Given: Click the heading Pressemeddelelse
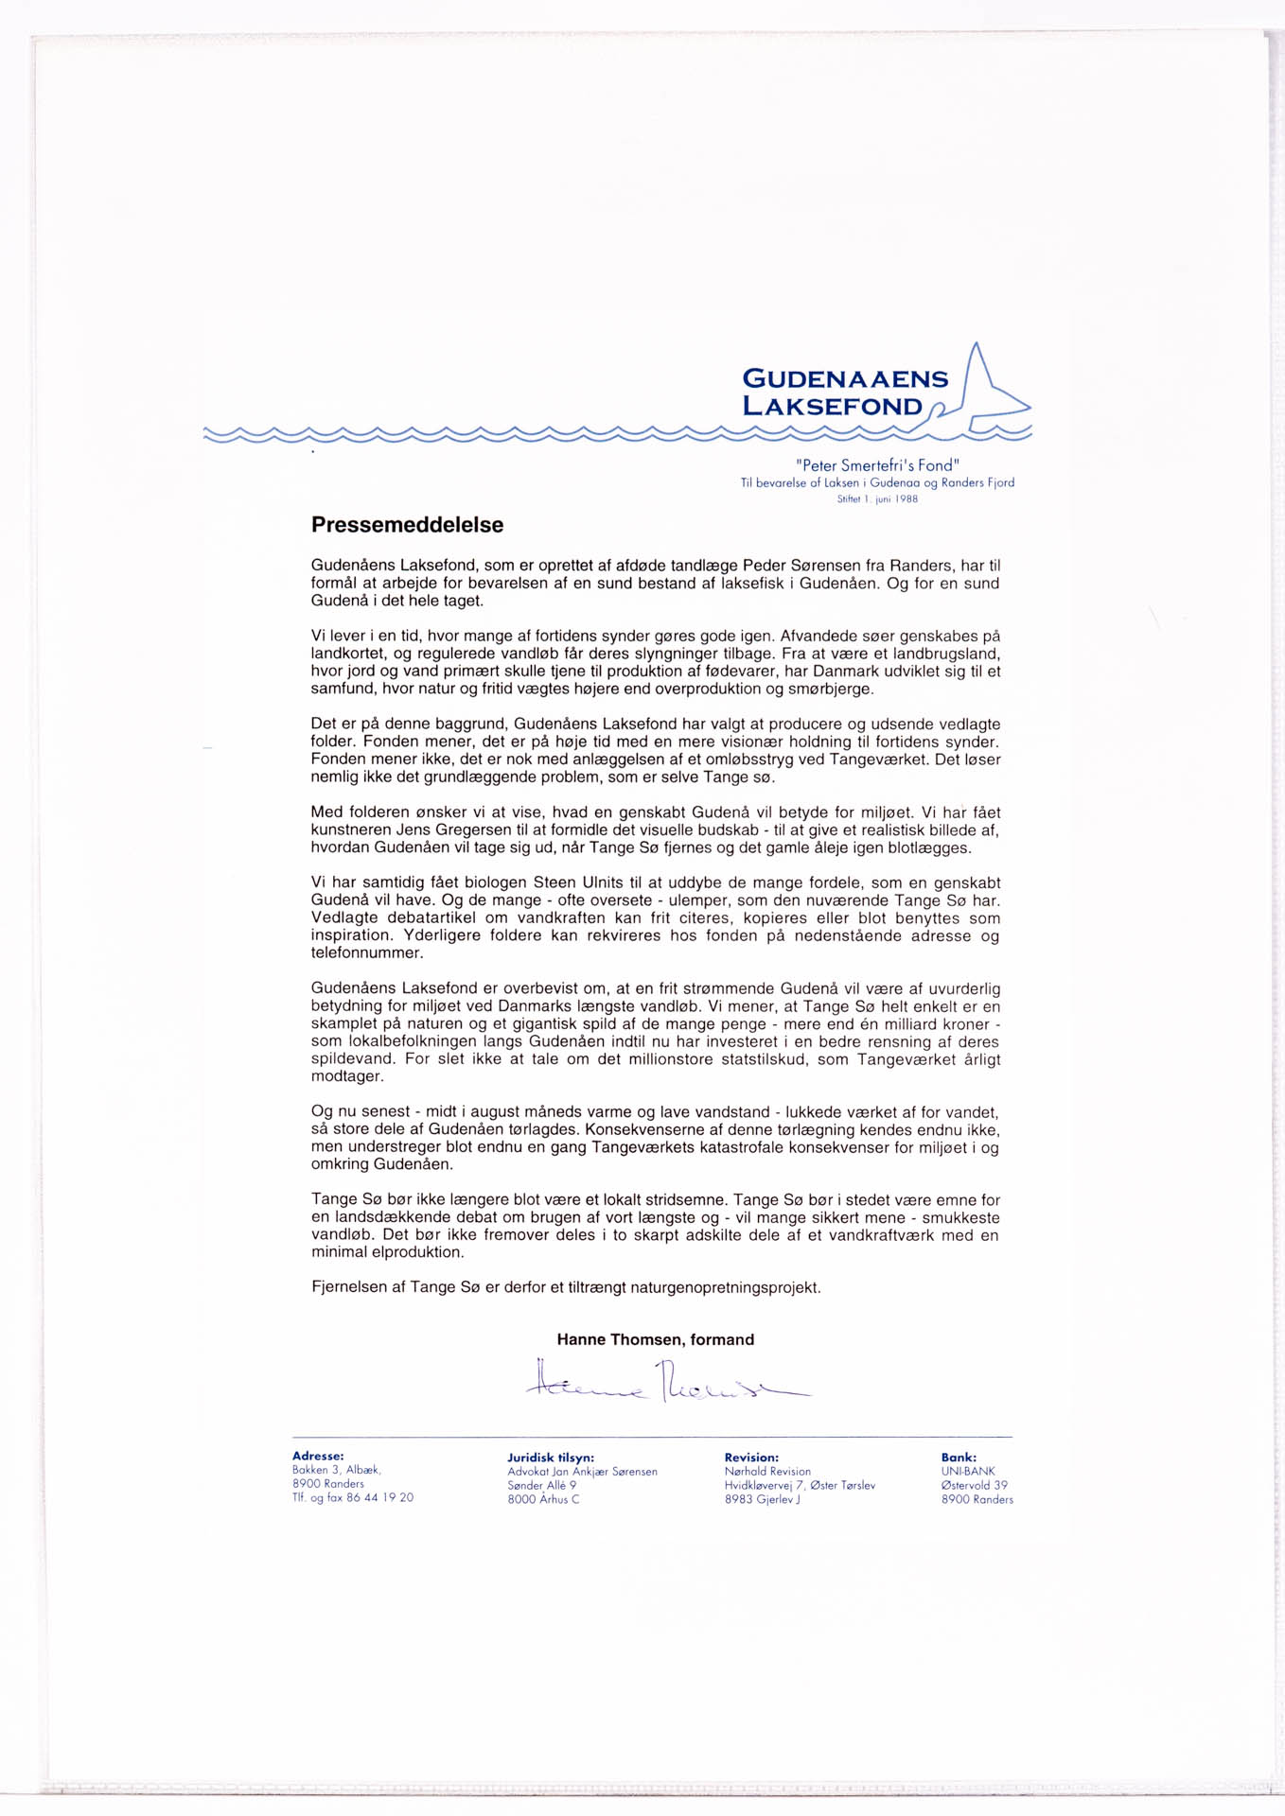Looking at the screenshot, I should pyautogui.click(x=407, y=525).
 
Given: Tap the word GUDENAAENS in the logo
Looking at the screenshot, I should pyautogui.click(x=845, y=379).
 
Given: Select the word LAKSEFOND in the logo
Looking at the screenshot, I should pyautogui.click(x=832, y=407).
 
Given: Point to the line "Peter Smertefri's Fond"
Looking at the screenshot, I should pyautogui.click(x=877, y=465).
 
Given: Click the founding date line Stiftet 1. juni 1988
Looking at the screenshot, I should pyautogui.click(x=877, y=499).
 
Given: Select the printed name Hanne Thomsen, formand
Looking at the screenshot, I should pyautogui.click(x=655, y=1339).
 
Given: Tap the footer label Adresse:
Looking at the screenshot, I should pyautogui.click(x=318, y=1457).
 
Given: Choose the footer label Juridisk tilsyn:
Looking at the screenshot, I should pyautogui.click(x=551, y=1458).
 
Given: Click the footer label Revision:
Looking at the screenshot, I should pyautogui.click(x=751, y=1458).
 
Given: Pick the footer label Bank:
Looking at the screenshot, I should pyautogui.click(x=959, y=1458).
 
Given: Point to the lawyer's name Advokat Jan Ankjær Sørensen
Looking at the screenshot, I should pyautogui.click(x=582, y=1472).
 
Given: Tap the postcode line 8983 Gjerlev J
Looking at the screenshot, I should pyautogui.click(x=762, y=1499).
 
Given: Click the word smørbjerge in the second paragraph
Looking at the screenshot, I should pyautogui.click(x=826, y=690).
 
